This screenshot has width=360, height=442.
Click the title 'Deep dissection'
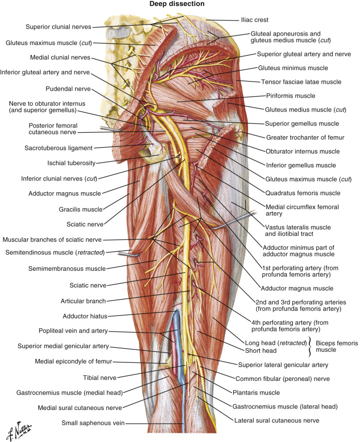[177, 4]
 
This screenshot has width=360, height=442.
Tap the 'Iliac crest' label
[254, 20]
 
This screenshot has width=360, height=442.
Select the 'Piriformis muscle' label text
[290, 96]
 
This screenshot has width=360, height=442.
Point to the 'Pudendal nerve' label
[68, 89]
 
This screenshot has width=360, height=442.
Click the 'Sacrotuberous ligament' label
[59, 148]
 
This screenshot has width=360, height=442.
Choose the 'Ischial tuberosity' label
[71, 163]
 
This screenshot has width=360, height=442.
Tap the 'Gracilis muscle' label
[81, 209]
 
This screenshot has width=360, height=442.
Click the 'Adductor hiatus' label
[85, 316]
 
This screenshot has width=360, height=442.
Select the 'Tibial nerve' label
[100, 378]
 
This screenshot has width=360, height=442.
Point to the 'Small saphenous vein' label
[93, 423]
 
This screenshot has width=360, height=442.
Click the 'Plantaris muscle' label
[256, 392]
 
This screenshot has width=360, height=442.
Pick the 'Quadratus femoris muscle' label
[303, 193]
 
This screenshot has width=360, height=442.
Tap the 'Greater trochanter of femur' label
[305, 138]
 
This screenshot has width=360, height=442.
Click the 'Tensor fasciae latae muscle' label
[301, 82]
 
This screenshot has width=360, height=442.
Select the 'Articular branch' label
[83, 301]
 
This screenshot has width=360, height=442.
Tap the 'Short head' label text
[261, 351]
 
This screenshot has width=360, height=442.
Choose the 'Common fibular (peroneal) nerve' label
[283, 379]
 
